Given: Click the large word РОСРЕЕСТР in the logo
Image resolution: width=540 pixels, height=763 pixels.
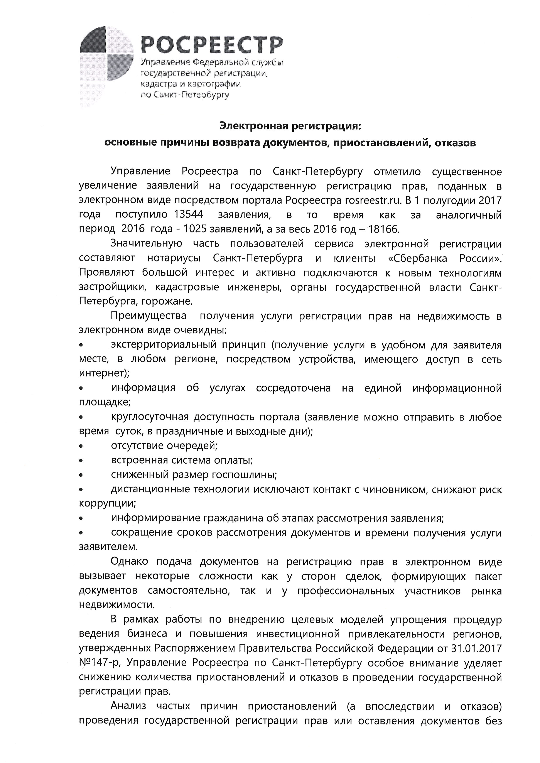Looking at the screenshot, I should (212, 45).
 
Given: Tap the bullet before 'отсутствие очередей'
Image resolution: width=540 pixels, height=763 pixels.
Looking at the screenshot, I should (81, 446).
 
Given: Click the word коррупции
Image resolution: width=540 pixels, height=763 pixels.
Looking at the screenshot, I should (107, 504).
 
